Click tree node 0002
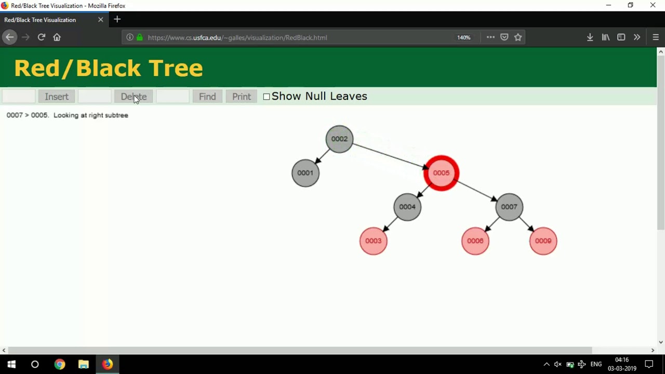(x=339, y=139)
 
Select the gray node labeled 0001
(x=305, y=173)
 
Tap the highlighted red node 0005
(x=441, y=173)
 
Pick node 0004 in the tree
(x=407, y=207)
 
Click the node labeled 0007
(x=509, y=207)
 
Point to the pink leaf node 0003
(x=374, y=241)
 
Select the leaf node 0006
(x=475, y=241)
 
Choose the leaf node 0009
(x=543, y=241)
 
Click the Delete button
(x=134, y=97)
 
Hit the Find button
(x=207, y=97)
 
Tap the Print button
(x=242, y=97)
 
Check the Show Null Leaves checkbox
(x=267, y=97)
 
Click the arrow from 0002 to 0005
(x=390, y=156)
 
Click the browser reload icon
(x=42, y=37)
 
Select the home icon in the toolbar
(x=57, y=37)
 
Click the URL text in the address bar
(x=237, y=37)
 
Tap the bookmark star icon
(x=518, y=37)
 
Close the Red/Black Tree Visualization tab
(x=101, y=20)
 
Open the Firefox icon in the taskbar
(x=108, y=364)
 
